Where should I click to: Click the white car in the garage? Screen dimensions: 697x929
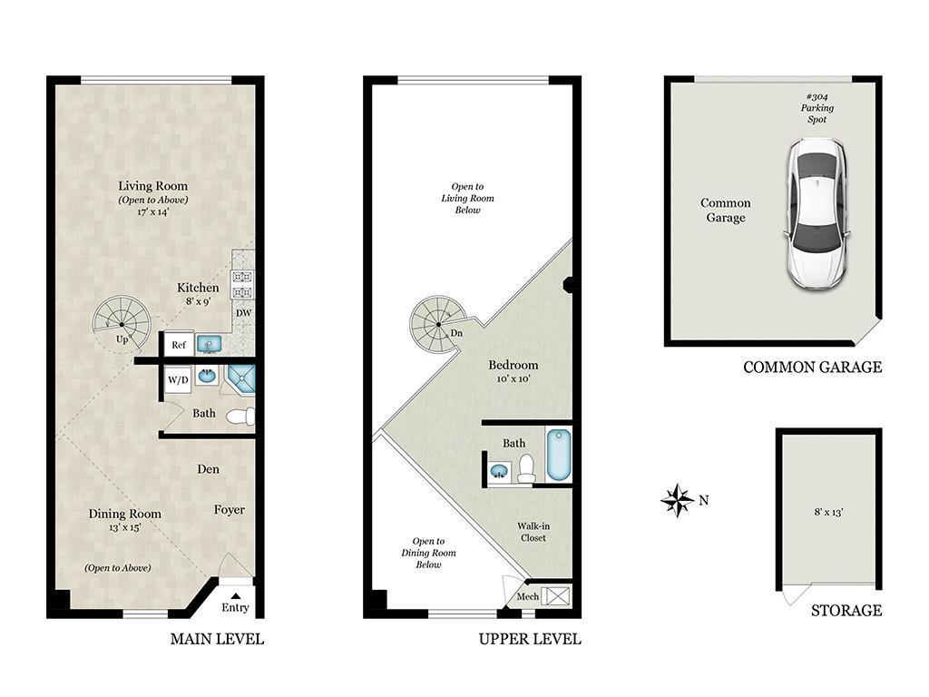(x=818, y=212)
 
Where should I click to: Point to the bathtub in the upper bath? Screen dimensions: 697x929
(x=557, y=455)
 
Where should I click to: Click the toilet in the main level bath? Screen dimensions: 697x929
(x=240, y=417)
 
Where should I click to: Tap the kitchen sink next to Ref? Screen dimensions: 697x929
(x=210, y=344)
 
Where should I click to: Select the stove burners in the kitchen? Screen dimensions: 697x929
(x=243, y=281)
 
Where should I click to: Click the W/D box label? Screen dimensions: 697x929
(x=178, y=378)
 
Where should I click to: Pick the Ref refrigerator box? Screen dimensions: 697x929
(x=179, y=345)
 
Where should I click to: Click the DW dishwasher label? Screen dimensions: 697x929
(x=243, y=313)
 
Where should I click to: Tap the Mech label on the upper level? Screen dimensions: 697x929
(x=527, y=597)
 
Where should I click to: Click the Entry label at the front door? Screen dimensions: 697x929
(x=235, y=607)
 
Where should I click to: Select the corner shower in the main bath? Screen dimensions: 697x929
(x=241, y=379)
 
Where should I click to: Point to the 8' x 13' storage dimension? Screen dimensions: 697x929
(x=827, y=513)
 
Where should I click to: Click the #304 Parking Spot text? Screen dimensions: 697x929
(x=817, y=108)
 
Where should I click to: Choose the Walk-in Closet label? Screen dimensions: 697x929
(x=532, y=532)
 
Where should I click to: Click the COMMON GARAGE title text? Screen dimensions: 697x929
(x=812, y=368)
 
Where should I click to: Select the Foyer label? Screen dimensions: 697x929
(x=230, y=510)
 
